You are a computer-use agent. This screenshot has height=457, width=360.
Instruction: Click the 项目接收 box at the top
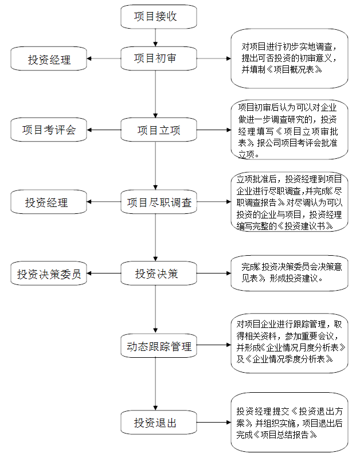click(x=159, y=17)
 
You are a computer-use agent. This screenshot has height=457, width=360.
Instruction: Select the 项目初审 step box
click(x=159, y=58)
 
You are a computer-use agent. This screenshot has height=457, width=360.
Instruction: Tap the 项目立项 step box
click(x=159, y=130)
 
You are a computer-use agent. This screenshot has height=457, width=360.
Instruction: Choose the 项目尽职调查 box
click(x=159, y=202)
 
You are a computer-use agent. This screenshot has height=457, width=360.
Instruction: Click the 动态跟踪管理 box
click(x=159, y=346)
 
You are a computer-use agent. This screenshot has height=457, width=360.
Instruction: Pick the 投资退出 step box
click(x=159, y=423)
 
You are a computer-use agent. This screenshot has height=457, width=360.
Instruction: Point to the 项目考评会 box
click(x=49, y=130)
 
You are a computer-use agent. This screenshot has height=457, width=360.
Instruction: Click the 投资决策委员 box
click(x=49, y=274)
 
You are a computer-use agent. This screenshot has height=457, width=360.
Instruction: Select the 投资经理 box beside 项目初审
click(x=49, y=58)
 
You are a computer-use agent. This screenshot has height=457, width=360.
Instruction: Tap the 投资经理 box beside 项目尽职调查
click(x=49, y=202)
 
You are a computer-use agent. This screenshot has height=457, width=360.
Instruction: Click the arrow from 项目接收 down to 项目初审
click(x=155, y=38)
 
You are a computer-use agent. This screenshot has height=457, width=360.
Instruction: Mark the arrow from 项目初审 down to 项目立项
click(x=155, y=94)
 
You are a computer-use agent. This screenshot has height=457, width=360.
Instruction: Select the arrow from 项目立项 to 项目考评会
click(x=104, y=130)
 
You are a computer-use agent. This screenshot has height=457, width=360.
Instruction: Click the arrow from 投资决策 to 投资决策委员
click(x=104, y=274)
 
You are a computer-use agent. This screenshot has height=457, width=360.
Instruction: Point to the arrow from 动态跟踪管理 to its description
click(x=214, y=345)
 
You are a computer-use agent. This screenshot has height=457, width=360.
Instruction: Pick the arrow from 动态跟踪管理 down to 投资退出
click(x=155, y=384)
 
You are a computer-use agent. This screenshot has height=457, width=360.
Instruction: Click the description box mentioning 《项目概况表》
click(x=289, y=58)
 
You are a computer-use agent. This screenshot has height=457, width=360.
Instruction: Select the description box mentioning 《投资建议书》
click(x=289, y=202)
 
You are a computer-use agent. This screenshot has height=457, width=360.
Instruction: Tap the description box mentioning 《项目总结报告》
click(x=289, y=423)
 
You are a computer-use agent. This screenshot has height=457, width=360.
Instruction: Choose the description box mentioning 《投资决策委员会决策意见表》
click(x=289, y=274)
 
